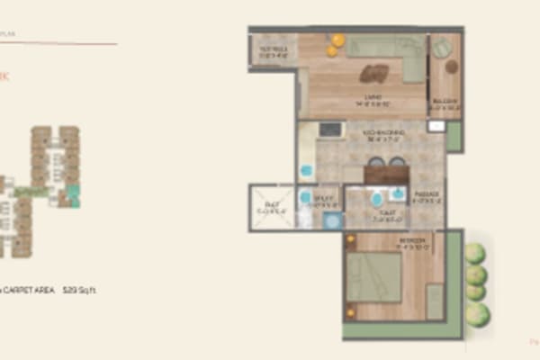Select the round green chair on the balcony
click(443, 48)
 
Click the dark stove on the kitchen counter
click(330, 130)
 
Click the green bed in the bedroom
click(373, 276)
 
